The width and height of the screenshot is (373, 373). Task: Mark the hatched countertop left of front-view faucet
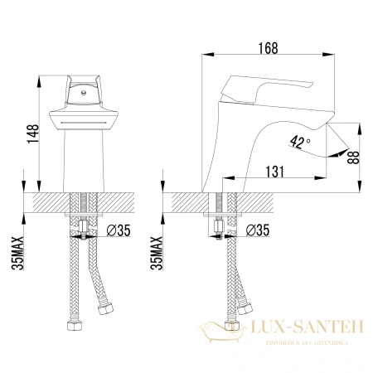[x=46, y=202]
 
